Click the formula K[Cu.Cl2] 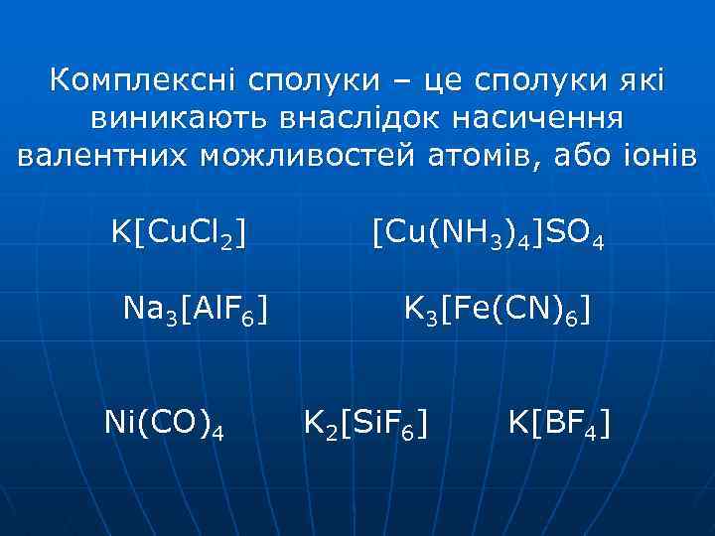179,236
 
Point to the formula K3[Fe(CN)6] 496,312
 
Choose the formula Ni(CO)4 164,425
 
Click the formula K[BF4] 559,425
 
